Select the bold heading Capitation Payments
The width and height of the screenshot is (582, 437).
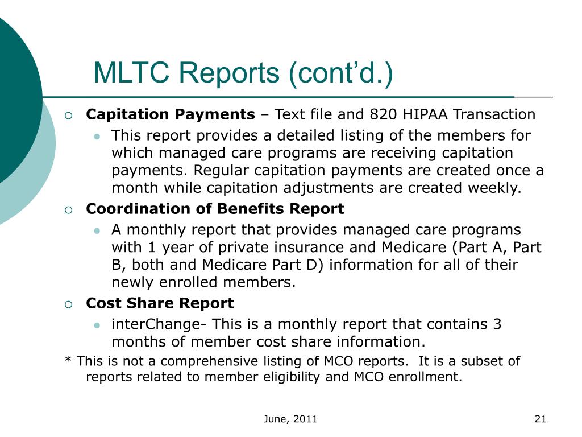(x=171, y=114)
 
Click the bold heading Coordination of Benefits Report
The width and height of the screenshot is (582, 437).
(x=215, y=209)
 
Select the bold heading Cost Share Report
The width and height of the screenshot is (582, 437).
(x=160, y=303)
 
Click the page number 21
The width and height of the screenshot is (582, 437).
(x=541, y=419)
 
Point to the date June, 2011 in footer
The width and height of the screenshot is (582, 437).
(x=290, y=419)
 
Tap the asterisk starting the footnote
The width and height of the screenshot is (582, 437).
(x=68, y=361)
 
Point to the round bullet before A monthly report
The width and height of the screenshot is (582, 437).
(x=97, y=231)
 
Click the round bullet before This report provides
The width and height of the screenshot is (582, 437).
(x=97, y=137)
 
